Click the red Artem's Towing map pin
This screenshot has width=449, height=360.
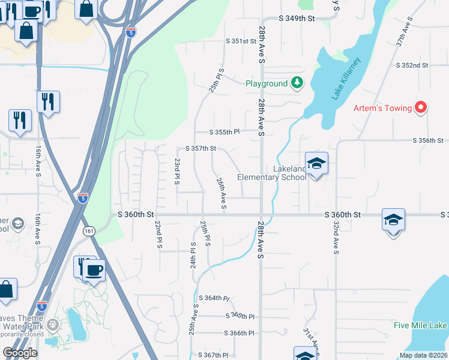tap(421, 108)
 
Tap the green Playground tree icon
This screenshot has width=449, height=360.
tap(297, 83)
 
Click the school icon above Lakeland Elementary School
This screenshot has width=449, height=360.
tap(316, 163)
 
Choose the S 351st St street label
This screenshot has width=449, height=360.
tap(241, 41)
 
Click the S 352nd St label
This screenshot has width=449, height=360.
tap(412, 65)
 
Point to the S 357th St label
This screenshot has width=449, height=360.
tap(200, 148)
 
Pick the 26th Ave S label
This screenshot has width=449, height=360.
tap(221, 193)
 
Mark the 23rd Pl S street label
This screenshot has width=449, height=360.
tap(177, 172)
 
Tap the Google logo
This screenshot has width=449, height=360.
tap(20, 353)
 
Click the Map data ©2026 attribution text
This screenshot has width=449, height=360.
tap(423, 355)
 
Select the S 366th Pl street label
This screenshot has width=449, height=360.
tap(240, 333)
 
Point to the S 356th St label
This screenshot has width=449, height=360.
tap(428, 140)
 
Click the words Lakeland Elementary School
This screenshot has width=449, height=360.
tap(272, 173)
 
